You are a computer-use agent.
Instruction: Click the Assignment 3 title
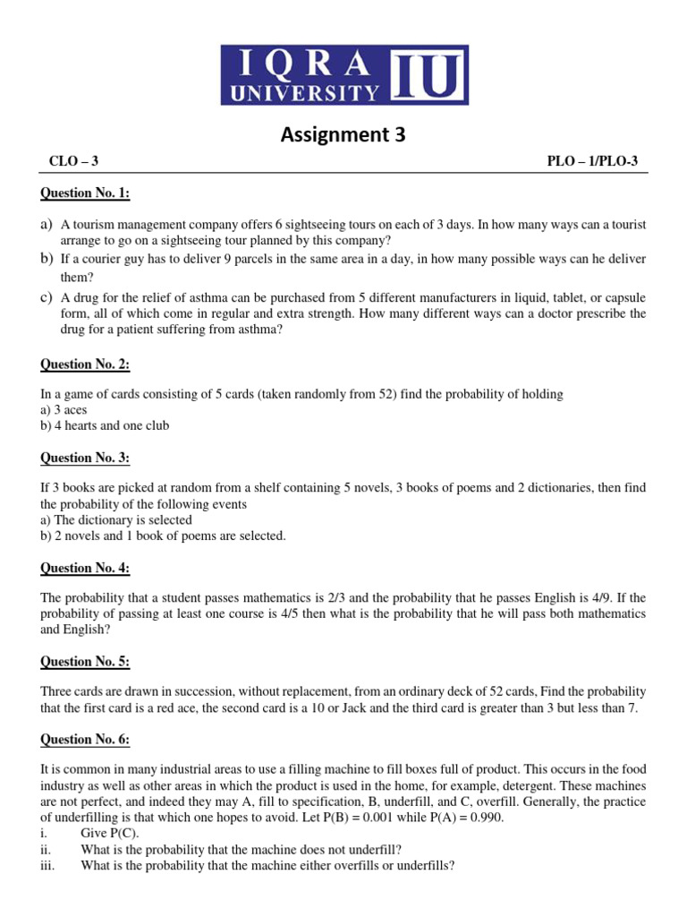[x=343, y=135]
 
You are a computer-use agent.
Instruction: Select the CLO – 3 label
[x=73, y=161]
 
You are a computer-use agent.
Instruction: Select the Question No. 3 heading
[x=85, y=458]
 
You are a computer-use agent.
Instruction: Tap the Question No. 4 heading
[x=85, y=568]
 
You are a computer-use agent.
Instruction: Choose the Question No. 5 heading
[x=85, y=662]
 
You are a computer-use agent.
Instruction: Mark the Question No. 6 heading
[x=85, y=740]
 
